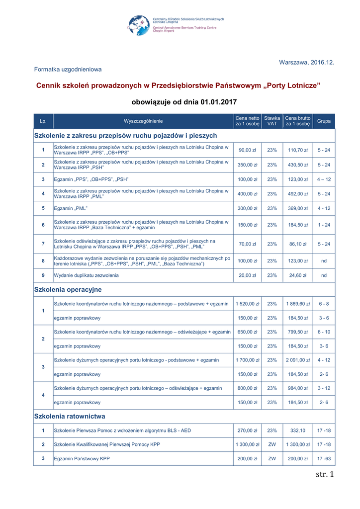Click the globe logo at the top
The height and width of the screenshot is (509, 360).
click(139, 25)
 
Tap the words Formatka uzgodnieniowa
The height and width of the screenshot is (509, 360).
click(68, 70)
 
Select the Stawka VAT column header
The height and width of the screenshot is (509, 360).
click(272, 121)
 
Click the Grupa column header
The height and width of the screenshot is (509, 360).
click(324, 121)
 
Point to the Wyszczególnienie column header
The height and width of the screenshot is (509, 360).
click(143, 121)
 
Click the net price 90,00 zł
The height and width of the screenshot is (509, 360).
click(248, 150)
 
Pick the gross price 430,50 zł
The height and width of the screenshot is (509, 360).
click(298, 165)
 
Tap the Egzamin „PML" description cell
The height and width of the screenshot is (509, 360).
click(71, 208)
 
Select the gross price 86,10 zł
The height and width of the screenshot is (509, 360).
click(298, 244)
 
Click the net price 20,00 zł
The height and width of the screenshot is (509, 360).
click(248, 275)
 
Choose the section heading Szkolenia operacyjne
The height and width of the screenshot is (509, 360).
click(68, 289)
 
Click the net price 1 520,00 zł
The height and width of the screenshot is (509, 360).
click(248, 304)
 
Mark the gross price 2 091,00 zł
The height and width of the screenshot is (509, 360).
click(298, 360)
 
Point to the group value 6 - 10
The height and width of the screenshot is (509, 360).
click(324, 332)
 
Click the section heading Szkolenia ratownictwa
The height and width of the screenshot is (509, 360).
click(70, 416)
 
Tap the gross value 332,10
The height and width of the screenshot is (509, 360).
click(298, 430)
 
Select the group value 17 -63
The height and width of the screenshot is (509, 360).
click(324, 459)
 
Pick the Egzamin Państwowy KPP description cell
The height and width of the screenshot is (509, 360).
click(82, 459)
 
